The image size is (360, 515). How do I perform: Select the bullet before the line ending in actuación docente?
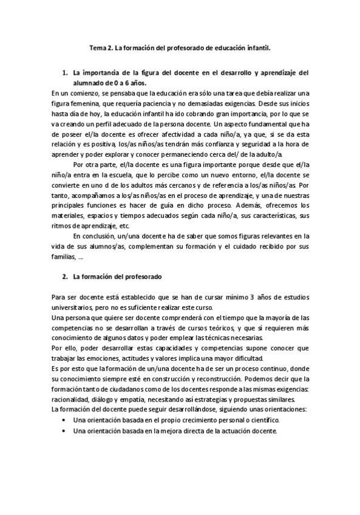point(64,431)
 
